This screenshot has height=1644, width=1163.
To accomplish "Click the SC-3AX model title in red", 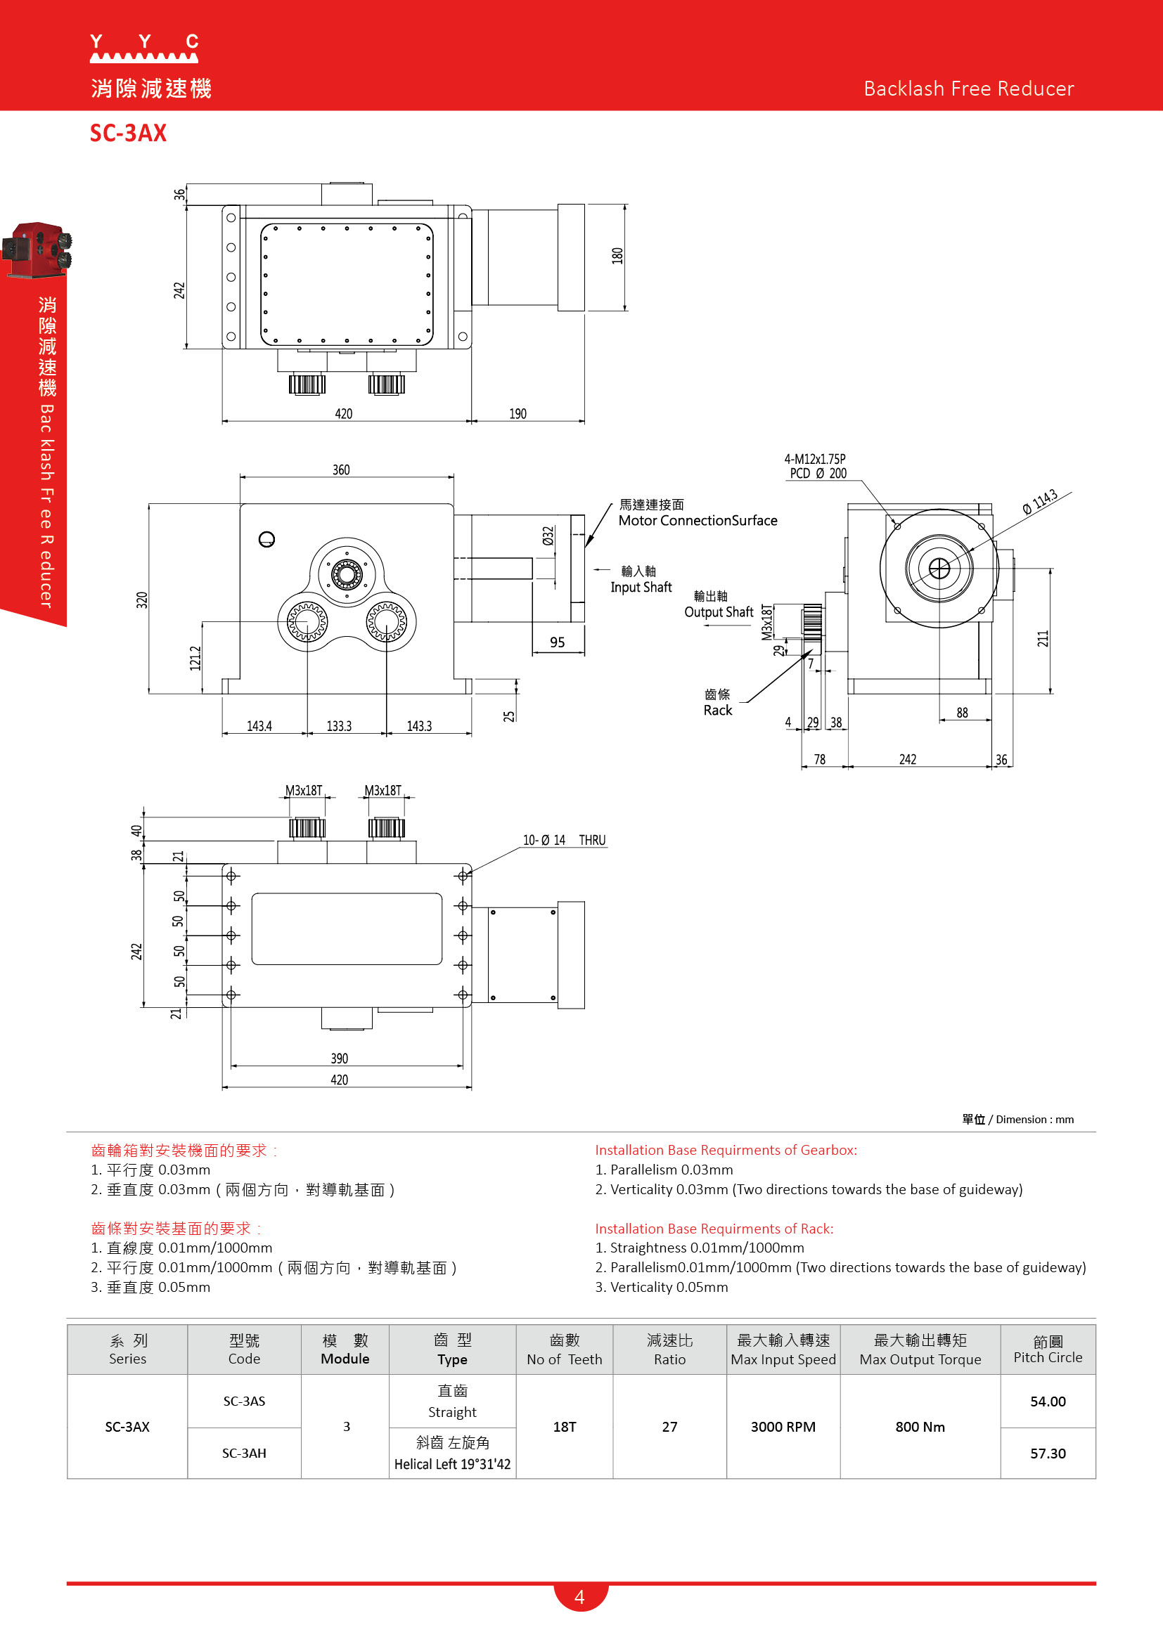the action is click(x=128, y=133).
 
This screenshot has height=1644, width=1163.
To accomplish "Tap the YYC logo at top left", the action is click(x=145, y=48).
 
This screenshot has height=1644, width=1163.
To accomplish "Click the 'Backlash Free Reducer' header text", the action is click(x=968, y=89).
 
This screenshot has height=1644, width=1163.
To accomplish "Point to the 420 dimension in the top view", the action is click(x=344, y=414).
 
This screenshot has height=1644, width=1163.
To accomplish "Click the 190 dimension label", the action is click(x=518, y=414).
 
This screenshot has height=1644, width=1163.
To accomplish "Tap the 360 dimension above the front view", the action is click(x=341, y=470).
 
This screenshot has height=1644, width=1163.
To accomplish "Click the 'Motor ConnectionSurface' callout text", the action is click(x=698, y=521).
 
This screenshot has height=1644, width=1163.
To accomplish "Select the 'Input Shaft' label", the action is click(x=641, y=587).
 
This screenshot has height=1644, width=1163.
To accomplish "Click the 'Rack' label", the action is click(x=718, y=711).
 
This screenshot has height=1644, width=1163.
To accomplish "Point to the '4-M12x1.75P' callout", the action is click(x=815, y=459).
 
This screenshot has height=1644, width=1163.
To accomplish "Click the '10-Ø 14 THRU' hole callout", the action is click(x=565, y=840).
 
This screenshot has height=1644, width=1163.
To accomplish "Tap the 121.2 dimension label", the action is click(x=195, y=658).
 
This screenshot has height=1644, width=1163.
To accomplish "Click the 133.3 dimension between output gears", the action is click(x=340, y=726).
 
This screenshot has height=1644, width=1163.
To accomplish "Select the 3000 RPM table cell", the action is click(x=783, y=1427).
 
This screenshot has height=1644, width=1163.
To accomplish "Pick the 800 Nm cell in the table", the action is click(x=920, y=1427).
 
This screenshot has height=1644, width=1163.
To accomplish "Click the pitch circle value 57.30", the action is click(x=1048, y=1454).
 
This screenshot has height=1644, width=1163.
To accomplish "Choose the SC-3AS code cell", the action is click(x=244, y=1402).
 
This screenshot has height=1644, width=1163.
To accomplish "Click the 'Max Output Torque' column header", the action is click(x=920, y=1359).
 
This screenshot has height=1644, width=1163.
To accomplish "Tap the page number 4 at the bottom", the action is click(x=580, y=1598).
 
